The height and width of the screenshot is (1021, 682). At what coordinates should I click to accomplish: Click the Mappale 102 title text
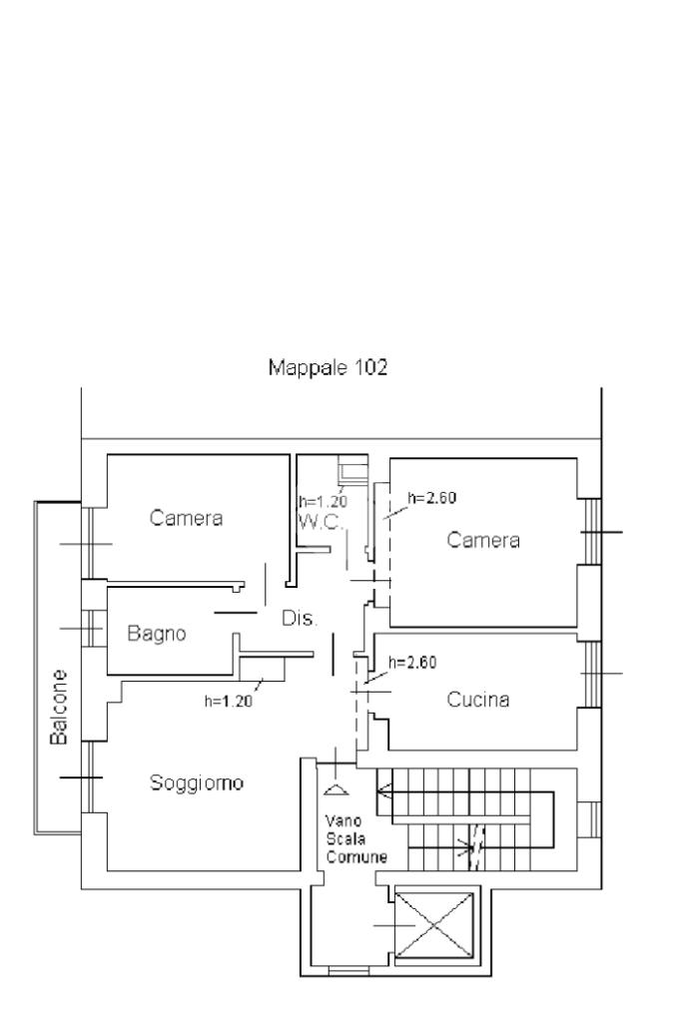tap(328, 368)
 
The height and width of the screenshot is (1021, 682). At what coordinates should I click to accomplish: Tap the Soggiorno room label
tap(197, 782)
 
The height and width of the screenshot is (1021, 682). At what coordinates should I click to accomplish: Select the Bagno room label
tap(157, 633)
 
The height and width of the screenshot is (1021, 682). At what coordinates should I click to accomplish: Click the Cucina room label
tap(478, 700)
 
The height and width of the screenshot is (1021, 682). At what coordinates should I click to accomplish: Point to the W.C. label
tap(322, 522)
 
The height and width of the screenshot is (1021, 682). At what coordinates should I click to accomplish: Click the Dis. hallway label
tap(300, 618)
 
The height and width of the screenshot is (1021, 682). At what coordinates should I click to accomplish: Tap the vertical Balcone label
tap(59, 708)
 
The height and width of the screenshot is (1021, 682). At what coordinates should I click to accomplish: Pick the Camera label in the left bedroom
tap(187, 518)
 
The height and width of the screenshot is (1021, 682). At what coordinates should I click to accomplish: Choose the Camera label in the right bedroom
tap(483, 540)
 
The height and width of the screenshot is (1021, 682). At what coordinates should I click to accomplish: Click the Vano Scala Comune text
tap(356, 839)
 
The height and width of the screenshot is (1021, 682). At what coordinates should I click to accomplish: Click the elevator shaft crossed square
tap(433, 925)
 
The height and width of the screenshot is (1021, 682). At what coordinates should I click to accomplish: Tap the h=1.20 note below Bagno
tap(229, 702)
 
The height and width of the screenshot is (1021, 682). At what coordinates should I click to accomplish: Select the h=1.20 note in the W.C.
tap(324, 501)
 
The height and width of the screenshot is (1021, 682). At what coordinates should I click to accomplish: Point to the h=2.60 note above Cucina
tap(412, 663)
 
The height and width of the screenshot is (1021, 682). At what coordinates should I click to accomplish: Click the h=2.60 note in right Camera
tap(432, 498)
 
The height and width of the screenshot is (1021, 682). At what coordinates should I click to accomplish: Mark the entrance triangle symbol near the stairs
tap(336, 789)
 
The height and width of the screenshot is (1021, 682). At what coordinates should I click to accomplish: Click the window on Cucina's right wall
tap(591, 675)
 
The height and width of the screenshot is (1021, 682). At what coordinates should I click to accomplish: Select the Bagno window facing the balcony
tap(93, 629)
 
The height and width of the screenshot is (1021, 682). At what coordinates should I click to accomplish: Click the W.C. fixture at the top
tap(352, 468)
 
